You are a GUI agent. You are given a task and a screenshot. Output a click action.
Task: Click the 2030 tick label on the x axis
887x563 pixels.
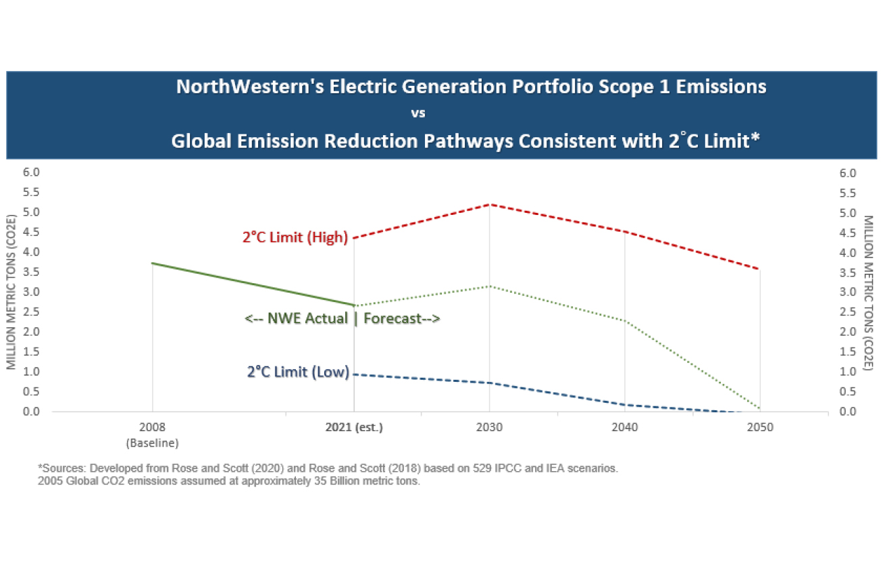point(489,428)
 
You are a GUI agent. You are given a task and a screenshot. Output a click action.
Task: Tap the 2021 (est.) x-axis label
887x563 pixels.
point(354,428)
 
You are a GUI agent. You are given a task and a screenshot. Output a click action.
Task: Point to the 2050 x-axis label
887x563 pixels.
point(760,428)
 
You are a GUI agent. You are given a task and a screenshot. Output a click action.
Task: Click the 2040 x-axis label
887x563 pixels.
point(624,428)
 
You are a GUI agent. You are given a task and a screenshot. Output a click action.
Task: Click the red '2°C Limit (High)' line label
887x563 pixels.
point(295,238)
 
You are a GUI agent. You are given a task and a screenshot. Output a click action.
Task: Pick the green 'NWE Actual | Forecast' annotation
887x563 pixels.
point(343,318)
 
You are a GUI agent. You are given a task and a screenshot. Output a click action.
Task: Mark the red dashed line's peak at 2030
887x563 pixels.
point(489,204)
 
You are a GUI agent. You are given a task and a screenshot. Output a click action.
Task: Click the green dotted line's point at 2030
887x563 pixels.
point(489,286)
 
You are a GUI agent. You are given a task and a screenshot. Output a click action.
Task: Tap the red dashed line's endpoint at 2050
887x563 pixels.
point(760,269)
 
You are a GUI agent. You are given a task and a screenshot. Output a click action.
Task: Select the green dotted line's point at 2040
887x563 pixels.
point(625,320)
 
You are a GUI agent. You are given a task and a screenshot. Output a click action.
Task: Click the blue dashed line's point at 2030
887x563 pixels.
point(489,383)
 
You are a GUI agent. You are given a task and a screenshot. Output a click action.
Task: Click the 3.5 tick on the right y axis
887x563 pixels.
point(848,272)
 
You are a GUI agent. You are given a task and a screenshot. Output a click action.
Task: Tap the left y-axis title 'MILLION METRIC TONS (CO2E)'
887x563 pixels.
point(11,292)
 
